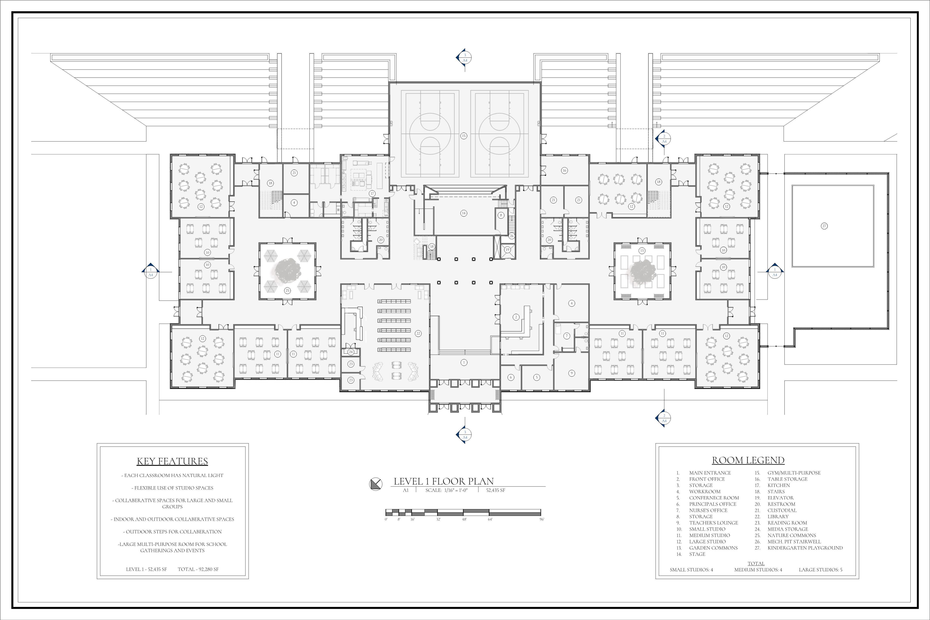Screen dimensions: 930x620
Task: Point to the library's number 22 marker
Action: point(418,333)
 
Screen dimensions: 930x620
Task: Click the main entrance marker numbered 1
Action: point(464,362)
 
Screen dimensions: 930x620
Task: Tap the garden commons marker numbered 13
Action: point(642,251)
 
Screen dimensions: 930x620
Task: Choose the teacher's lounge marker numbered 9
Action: point(571,373)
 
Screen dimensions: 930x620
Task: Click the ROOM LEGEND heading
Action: point(748,460)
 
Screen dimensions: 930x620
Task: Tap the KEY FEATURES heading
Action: point(172,461)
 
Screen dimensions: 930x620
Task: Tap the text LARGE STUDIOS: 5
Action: point(820,570)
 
